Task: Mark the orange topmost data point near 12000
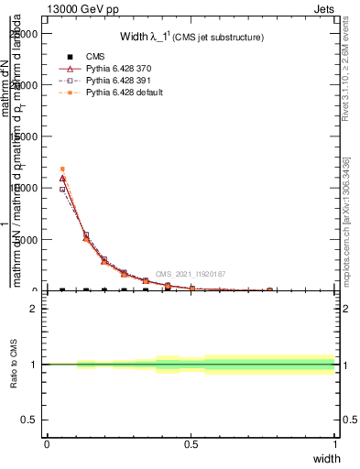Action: pos(62,169)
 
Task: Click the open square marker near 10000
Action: pos(62,190)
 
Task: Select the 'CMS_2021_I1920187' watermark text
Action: pos(190,274)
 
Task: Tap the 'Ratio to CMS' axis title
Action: pos(14,365)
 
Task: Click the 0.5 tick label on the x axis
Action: pos(191,444)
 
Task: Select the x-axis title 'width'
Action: pos(326,457)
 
